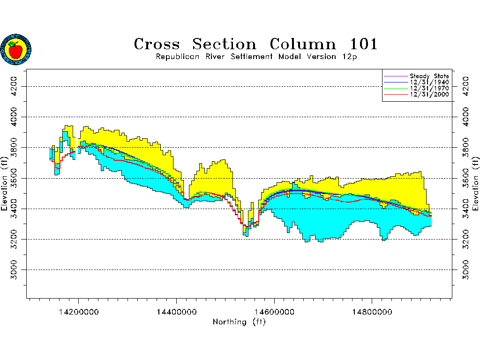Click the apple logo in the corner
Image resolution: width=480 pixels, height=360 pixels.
(16, 49)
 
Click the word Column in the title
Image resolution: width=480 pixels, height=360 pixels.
(303, 45)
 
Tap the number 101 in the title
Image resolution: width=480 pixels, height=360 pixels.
(364, 45)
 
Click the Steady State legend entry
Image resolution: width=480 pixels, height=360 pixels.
(429, 76)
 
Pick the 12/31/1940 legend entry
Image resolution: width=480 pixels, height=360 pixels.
(429, 82)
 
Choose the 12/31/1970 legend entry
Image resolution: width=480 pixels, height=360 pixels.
(429, 88)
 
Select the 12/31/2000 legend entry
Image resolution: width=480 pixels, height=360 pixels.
(429, 94)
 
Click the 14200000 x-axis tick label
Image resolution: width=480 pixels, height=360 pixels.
(78, 311)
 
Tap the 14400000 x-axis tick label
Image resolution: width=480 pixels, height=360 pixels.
(176, 311)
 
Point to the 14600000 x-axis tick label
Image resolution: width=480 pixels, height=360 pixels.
(274, 311)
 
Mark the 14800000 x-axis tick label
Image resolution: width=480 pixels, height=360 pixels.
(372, 311)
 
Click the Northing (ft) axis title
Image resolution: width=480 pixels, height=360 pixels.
(239, 322)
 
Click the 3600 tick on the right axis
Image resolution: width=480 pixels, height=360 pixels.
(466, 178)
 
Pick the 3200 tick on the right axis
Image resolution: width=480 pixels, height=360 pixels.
(466, 239)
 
